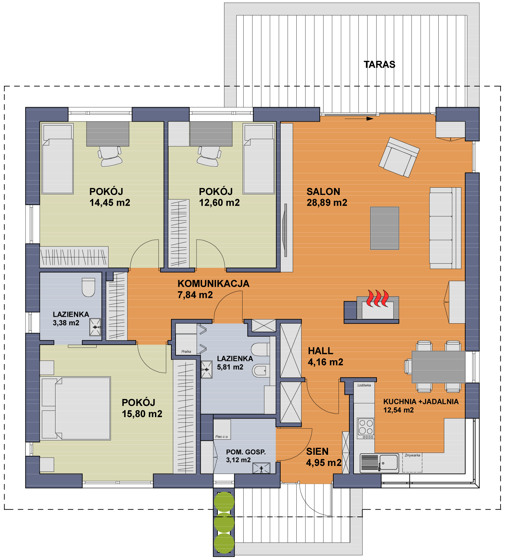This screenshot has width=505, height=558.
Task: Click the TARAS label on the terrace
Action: tap(379, 65)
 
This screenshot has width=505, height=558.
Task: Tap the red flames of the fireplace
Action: tap(376, 298)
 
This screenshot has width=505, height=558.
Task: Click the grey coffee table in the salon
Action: tap(385, 228)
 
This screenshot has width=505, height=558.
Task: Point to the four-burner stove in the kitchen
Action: tap(366, 429)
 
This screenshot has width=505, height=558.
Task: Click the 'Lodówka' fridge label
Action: tap(364, 385)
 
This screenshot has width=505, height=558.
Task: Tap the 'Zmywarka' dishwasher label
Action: tap(413, 455)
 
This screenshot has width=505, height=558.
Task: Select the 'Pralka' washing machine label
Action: tap(186, 352)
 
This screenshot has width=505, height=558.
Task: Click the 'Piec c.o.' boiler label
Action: tap(222, 437)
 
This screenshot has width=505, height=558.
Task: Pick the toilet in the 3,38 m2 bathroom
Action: tap(88, 287)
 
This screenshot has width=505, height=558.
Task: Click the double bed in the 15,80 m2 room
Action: tap(76, 408)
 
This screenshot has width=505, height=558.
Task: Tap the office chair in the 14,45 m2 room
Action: tap(110, 156)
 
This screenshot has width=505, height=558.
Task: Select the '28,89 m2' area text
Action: tap(327, 203)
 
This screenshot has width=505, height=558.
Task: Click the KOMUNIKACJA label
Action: tap(214, 284)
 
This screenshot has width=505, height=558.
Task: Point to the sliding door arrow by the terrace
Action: tap(359, 119)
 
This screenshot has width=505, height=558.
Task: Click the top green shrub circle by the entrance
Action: tap(224, 502)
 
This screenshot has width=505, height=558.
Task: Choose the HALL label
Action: tap(320, 351)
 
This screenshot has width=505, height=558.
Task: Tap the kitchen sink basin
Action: tap(389, 463)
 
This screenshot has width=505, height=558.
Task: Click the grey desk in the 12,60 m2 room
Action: tap(211, 134)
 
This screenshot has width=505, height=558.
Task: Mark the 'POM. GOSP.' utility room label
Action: tap(246, 452)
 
